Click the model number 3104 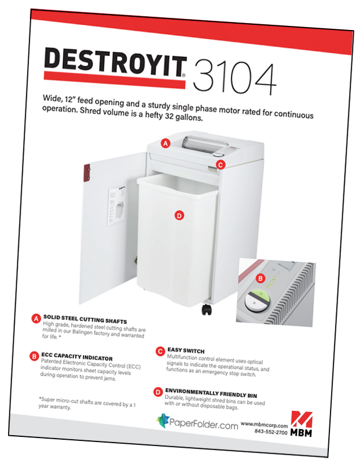234,78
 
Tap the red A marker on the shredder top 165,144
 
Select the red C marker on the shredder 221,165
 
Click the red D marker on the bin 179,216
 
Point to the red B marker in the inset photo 260,278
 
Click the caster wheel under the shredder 207,310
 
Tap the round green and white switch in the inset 256,301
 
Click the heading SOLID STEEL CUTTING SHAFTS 85,319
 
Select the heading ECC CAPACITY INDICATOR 77,357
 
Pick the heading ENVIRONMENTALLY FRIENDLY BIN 211,393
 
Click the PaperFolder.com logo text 203,424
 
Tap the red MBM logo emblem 302,420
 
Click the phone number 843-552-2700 271,432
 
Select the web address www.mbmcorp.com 264,424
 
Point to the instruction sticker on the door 116,205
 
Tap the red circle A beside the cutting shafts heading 36,319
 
